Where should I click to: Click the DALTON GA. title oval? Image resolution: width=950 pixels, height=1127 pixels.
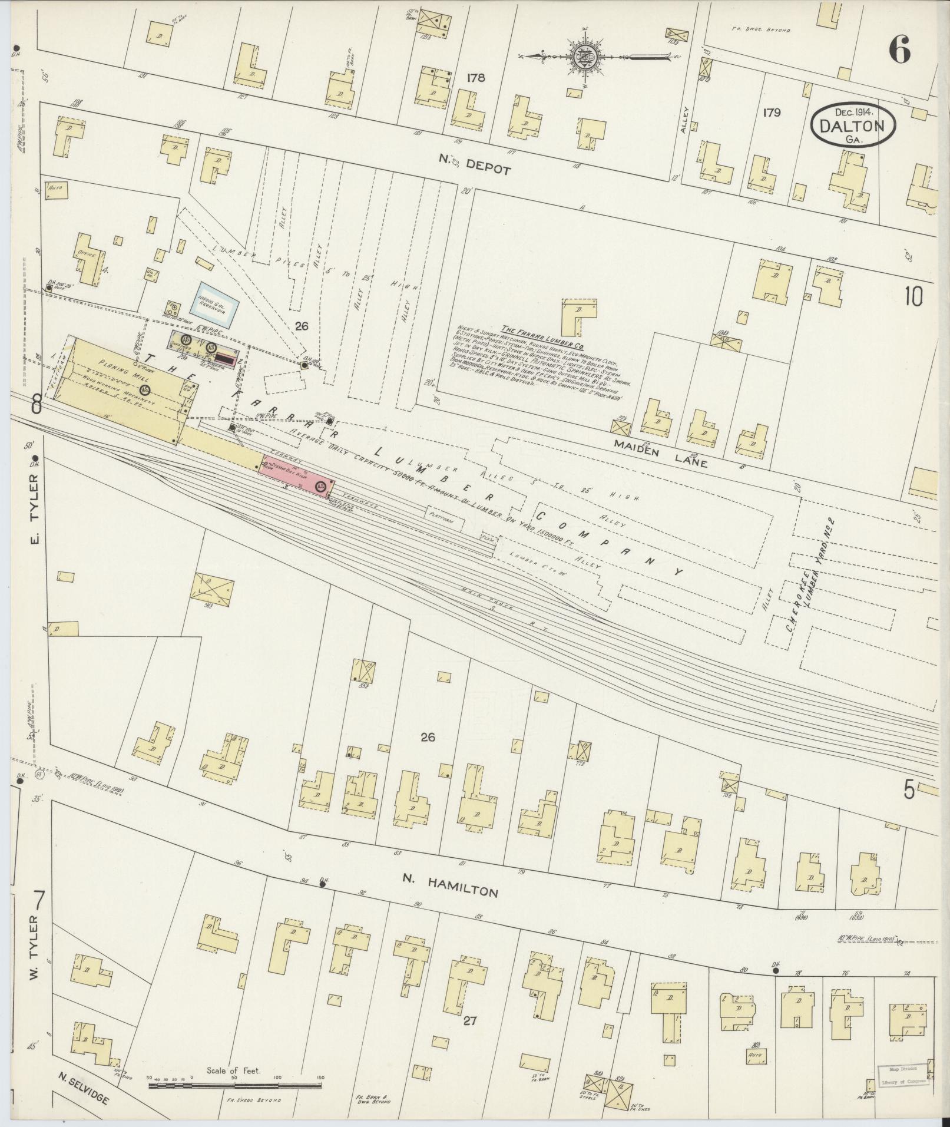(x=853, y=125)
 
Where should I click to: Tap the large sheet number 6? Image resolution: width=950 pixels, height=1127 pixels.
(x=900, y=49)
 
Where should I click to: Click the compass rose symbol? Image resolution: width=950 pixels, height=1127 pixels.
(x=585, y=57)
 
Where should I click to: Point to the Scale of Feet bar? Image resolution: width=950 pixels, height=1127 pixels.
(x=236, y=1084)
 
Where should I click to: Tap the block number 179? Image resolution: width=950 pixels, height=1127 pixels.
(x=771, y=112)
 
